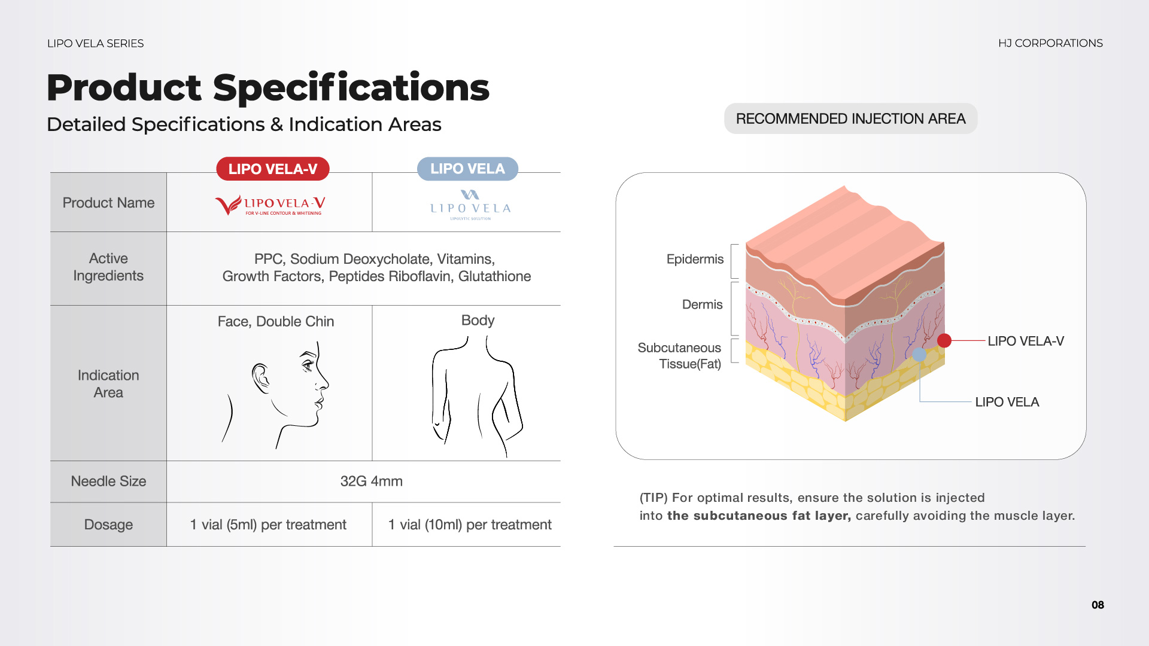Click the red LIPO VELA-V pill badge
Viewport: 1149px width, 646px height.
point(273,169)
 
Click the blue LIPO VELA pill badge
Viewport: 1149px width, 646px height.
point(467,169)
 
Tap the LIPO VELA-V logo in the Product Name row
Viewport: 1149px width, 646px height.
point(270,205)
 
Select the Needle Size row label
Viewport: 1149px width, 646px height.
point(108,481)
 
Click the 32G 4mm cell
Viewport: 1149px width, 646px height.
point(371,481)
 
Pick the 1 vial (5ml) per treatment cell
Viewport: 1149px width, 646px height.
point(268,525)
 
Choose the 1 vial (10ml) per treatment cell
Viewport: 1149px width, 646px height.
point(470,525)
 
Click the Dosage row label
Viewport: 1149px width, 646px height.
point(108,525)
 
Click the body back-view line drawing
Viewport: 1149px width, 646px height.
point(477,395)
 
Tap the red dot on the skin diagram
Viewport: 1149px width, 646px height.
point(944,340)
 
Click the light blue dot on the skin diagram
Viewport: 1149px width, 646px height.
point(919,355)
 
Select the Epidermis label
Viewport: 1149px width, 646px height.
point(695,259)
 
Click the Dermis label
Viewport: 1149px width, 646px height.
point(702,304)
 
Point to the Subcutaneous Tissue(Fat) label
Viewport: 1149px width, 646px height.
point(679,356)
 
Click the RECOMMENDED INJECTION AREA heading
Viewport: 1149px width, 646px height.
point(850,118)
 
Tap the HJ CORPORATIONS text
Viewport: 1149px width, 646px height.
point(1050,43)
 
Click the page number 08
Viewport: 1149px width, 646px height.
point(1098,605)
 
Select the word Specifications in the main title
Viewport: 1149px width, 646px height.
point(351,88)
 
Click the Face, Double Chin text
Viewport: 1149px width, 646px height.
point(276,321)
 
